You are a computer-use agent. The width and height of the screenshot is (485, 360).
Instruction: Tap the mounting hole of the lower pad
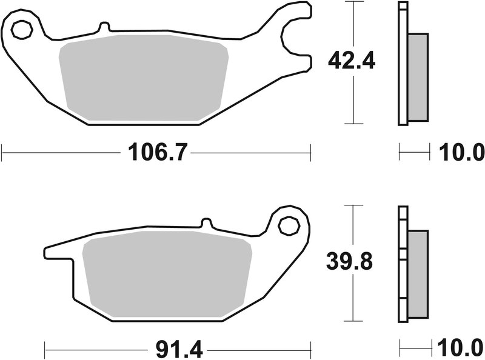tap(289, 226)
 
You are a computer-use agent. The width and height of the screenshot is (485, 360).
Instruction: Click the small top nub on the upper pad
tap(103, 27)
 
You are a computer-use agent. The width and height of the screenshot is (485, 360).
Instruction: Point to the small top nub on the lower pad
tap(205, 223)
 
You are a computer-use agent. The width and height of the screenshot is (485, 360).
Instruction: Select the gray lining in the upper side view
tap(418, 76)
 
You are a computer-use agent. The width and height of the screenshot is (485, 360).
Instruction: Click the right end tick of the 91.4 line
tap(311, 349)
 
